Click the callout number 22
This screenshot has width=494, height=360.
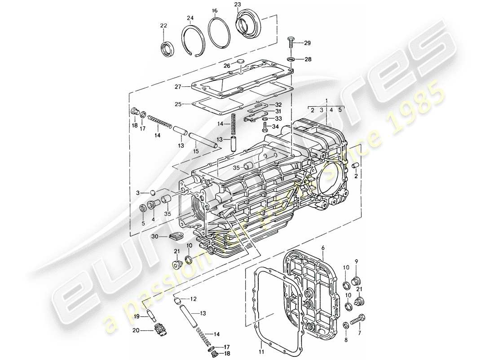[163, 25]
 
